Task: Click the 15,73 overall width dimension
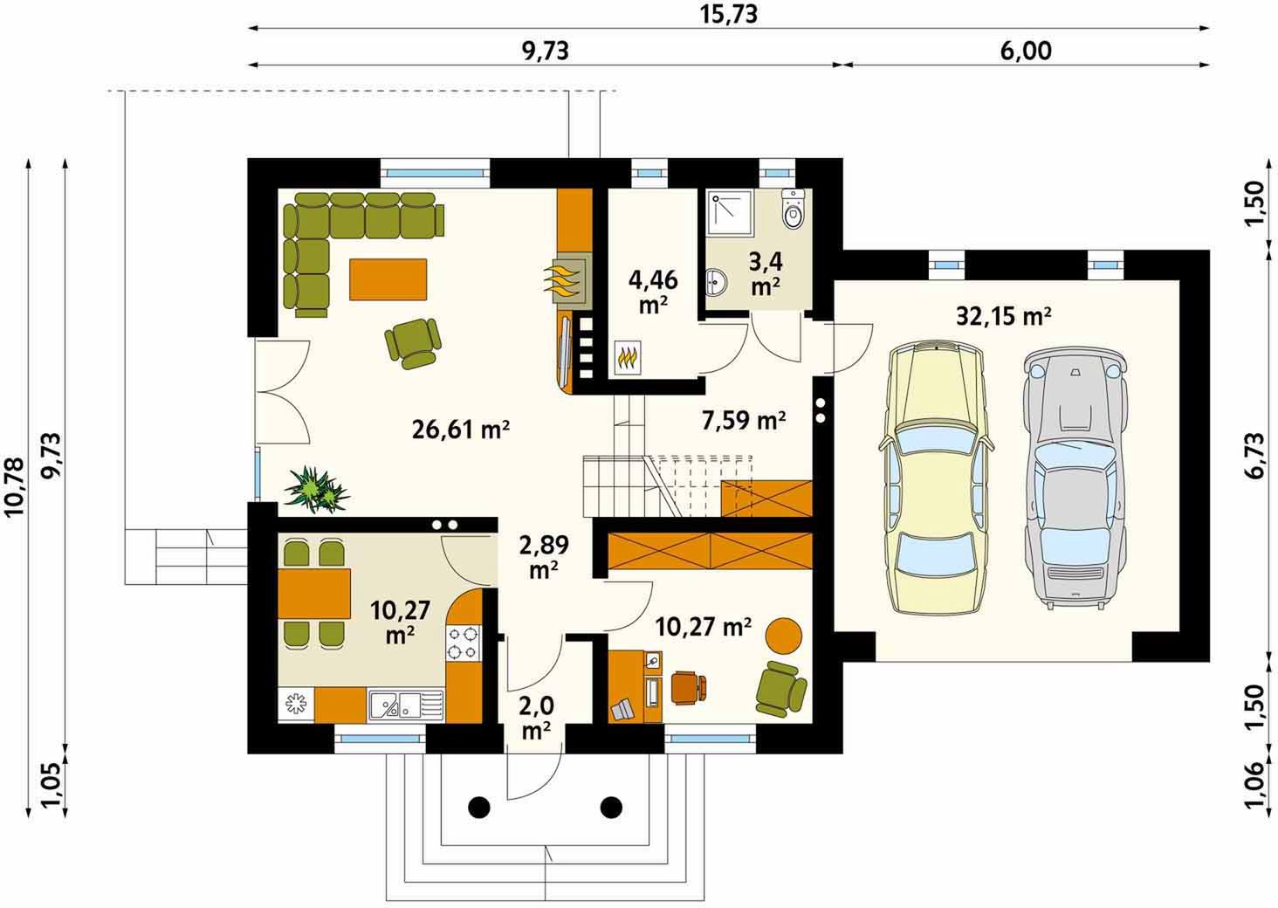(729, 14)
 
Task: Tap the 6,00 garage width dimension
(1026, 51)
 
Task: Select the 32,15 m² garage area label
(1004, 315)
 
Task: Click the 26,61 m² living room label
(460, 430)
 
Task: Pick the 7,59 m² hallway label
(744, 420)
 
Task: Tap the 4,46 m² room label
(653, 292)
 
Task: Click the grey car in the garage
(1075, 477)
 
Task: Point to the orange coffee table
(388, 279)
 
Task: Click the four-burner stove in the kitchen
(463, 643)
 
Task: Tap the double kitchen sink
(406, 705)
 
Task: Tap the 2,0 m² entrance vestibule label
(536, 719)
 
